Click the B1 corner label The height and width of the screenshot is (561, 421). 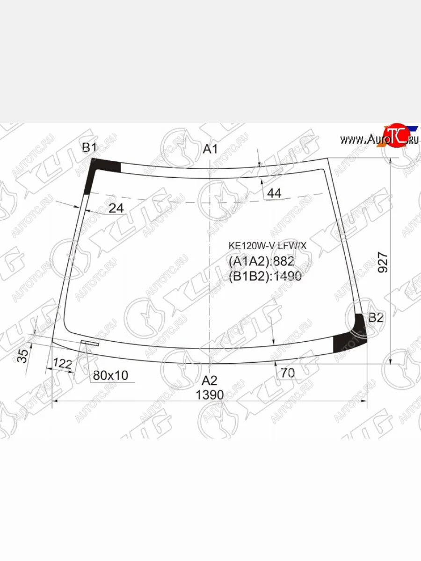(89, 148)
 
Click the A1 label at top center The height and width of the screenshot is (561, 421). (210, 150)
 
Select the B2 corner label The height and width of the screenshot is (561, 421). (376, 318)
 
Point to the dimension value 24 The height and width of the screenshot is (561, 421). (116, 209)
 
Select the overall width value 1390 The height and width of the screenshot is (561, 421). (210, 395)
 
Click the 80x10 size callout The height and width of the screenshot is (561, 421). (110, 375)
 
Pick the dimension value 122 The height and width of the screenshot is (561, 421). (62, 363)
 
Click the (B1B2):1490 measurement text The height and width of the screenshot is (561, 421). (265, 277)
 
